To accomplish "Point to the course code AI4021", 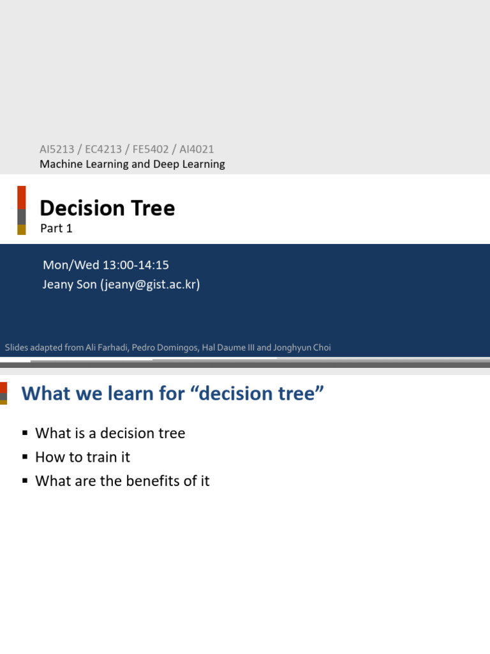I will coord(197,149).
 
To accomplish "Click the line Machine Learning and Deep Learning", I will coord(132,164).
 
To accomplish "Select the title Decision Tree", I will coord(107,208).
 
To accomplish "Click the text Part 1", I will coord(56,229).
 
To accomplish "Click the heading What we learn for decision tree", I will coord(168,393).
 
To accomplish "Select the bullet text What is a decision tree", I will coord(110,433).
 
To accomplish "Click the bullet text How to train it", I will coord(82,457).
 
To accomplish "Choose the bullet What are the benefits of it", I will coord(122,481).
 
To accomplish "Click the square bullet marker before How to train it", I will coord(26,458).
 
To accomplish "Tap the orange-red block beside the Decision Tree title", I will coord(22,197).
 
